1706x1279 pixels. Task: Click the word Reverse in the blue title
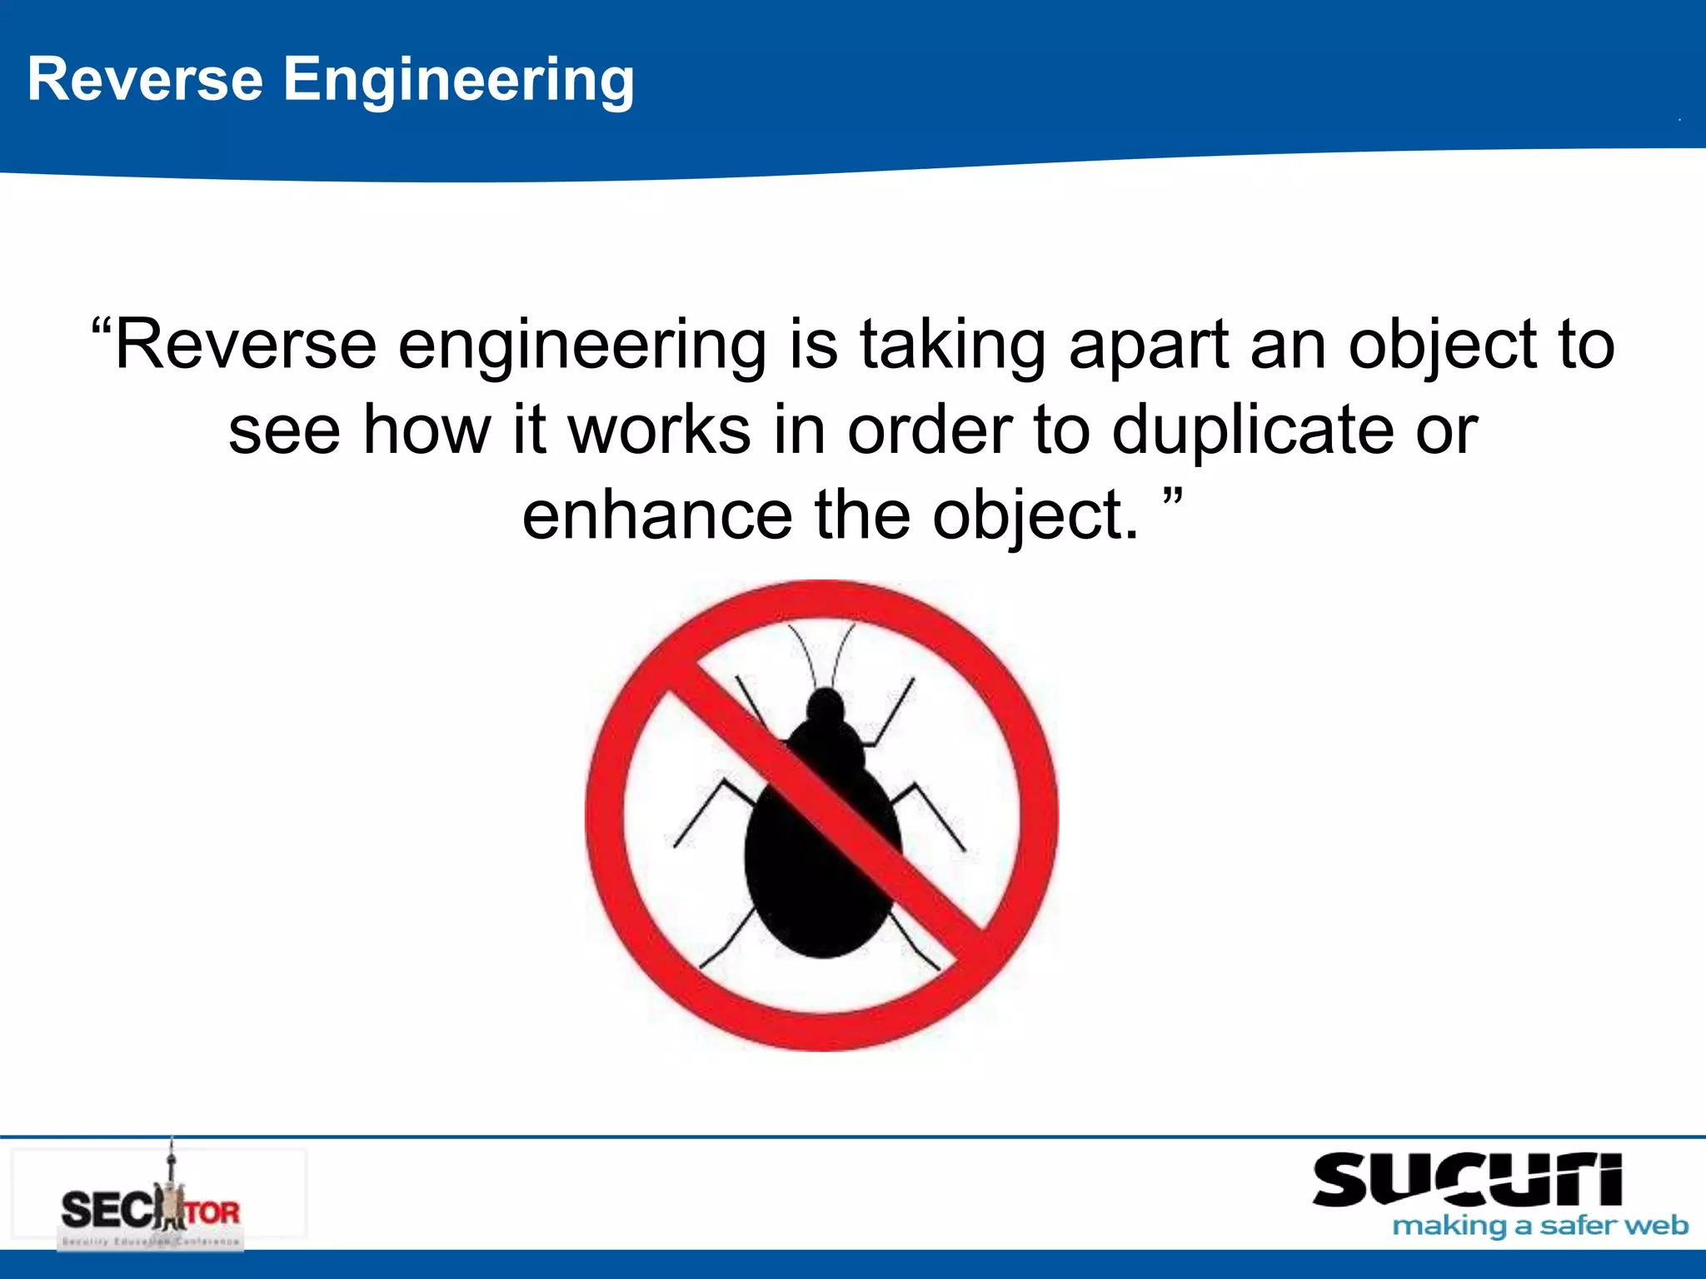pyautogui.click(x=145, y=79)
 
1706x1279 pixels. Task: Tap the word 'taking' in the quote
pyautogui.click(x=952, y=345)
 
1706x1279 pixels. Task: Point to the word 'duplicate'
pyautogui.click(x=1253, y=430)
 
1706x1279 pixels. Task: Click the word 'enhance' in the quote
pyautogui.click(x=657, y=515)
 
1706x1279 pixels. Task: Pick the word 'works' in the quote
pyautogui.click(x=659, y=430)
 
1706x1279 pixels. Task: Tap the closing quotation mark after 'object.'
pyautogui.click(x=1172, y=499)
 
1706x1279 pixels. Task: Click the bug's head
pyautogui.click(x=826, y=708)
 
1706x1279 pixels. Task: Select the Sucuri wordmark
pyautogui.click(x=1466, y=1179)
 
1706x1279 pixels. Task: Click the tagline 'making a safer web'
pyautogui.click(x=1539, y=1227)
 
